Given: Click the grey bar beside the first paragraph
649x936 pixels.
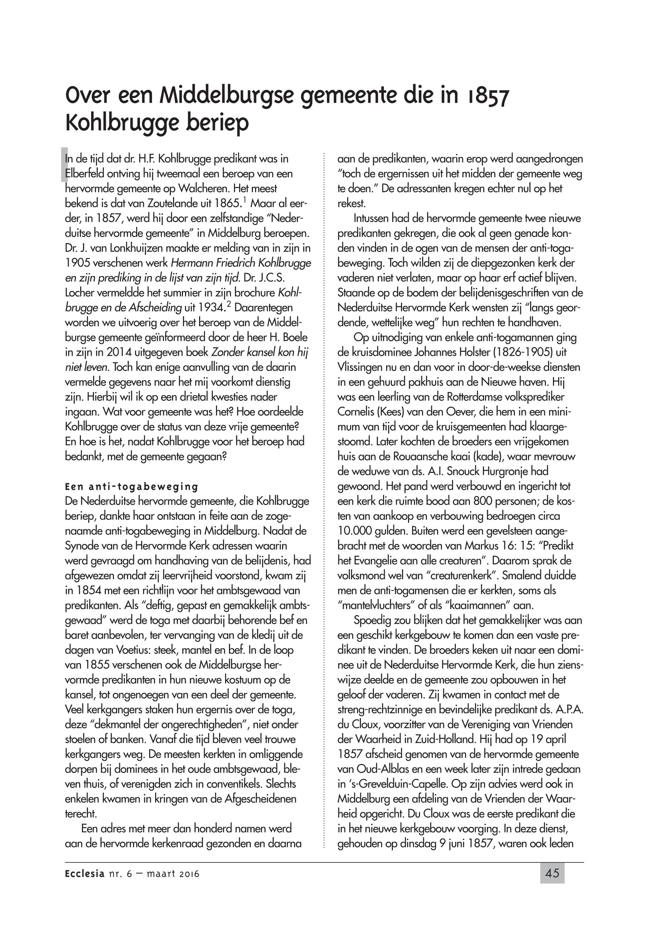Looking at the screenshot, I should point(63,165).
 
